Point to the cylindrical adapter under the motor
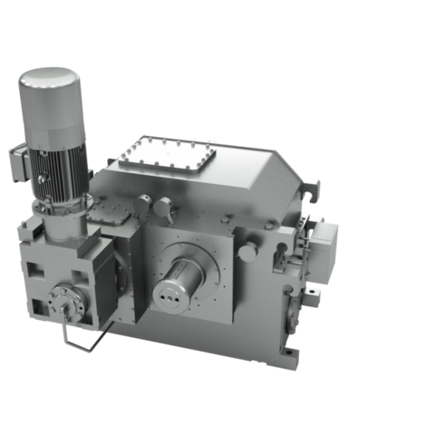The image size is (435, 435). [63, 222]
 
